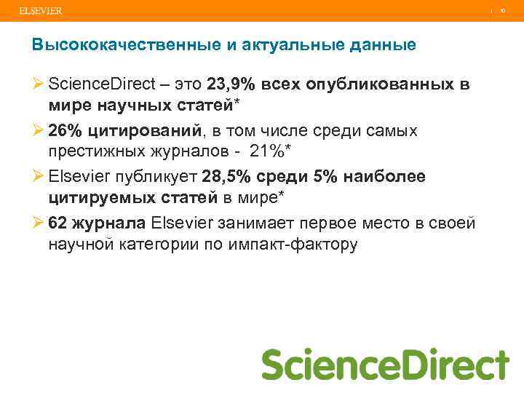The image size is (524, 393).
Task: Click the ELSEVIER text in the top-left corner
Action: pos(41,11)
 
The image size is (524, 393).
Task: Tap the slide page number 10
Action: pos(502,11)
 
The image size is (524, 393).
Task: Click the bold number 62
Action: pos(57,223)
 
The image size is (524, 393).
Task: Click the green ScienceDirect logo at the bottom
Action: pos(385,364)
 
